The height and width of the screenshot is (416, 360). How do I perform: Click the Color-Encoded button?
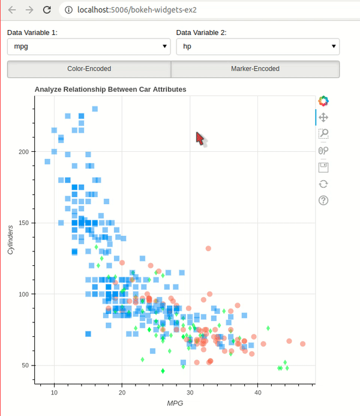point(89,69)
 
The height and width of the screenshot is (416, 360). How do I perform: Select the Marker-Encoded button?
point(255,69)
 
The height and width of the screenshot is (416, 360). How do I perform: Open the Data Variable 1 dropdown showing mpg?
point(88,46)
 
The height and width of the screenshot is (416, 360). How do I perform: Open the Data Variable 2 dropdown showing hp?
point(257,46)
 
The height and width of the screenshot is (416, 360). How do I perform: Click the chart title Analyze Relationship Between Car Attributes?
point(110,89)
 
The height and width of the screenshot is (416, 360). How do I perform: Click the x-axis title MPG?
point(175,403)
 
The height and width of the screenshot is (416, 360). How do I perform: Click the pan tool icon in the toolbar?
point(323,118)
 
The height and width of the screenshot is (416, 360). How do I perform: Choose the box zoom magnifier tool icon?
point(323,134)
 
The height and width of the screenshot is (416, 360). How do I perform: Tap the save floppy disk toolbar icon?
point(323,167)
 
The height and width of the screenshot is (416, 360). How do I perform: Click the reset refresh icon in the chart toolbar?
point(323,184)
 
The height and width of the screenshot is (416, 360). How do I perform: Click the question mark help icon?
point(323,200)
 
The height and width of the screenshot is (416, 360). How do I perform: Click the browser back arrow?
point(12,10)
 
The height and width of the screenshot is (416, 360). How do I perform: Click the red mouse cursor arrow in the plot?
point(200,139)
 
